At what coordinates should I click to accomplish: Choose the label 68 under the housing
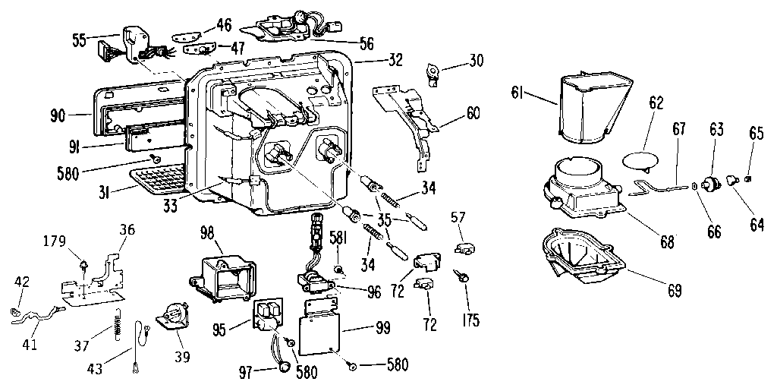click(x=667, y=242)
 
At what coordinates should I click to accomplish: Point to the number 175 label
click(x=470, y=320)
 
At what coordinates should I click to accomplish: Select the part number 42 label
click(x=22, y=282)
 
